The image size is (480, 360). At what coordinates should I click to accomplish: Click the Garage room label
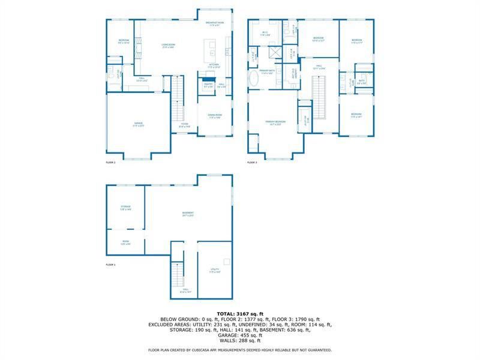tap(139, 125)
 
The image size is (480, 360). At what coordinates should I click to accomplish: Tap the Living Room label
tap(169, 45)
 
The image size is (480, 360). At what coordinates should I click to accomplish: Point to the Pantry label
tap(208, 87)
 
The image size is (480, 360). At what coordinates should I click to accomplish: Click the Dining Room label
tap(215, 116)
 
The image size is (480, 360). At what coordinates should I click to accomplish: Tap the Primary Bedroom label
tap(276, 122)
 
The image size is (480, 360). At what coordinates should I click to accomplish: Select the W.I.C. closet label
tap(265, 33)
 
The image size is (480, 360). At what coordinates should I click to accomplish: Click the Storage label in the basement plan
tap(125, 208)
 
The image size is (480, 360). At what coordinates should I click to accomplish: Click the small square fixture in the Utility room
tap(226, 261)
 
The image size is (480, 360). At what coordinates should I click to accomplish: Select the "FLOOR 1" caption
tap(110, 265)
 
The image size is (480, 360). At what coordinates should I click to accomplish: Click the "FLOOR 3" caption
tap(252, 163)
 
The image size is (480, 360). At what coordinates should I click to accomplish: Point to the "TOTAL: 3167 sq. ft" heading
tap(240, 314)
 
